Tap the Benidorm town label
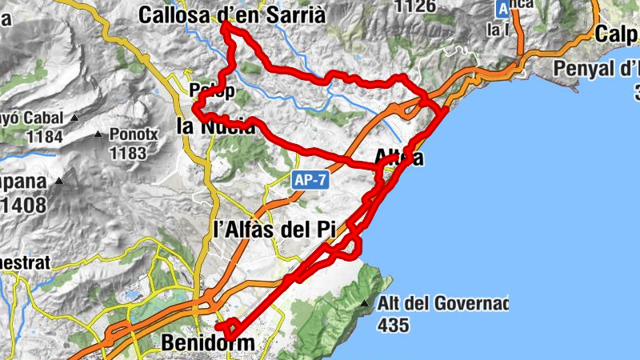pyautogui.click(x=207, y=343)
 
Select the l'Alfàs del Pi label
pyautogui.click(x=274, y=229)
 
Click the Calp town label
pyautogui.click(x=616, y=34)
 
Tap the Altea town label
pyautogui.click(x=398, y=158)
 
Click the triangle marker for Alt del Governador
pyautogui.click(x=365, y=304)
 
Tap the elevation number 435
pyautogui.click(x=395, y=325)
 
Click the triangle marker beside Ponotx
pyautogui.click(x=98, y=134)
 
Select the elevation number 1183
pyautogui.click(x=128, y=152)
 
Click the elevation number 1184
pyautogui.click(x=44, y=136)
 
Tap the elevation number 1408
pyautogui.click(x=24, y=204)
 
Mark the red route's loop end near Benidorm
pyautogui.click(x=227, y=329)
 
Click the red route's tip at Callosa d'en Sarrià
pyautogui.click(x=226, y=26)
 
